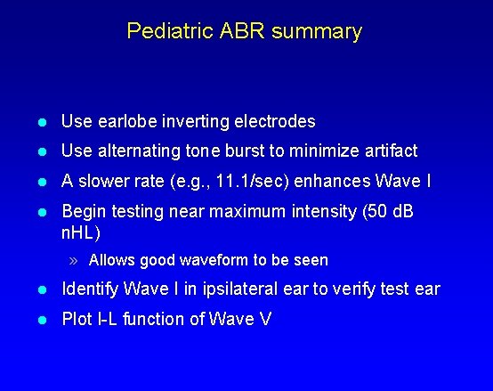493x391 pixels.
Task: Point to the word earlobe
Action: [123, 121]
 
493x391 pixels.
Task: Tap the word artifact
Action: [387, 151]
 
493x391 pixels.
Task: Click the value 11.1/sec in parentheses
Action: [255, 182]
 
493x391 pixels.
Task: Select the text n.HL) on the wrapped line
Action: [80, 233]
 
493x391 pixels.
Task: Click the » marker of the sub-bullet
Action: [77, 261]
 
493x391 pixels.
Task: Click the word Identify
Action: [90, 289]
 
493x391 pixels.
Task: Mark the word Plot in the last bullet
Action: [76, 319]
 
